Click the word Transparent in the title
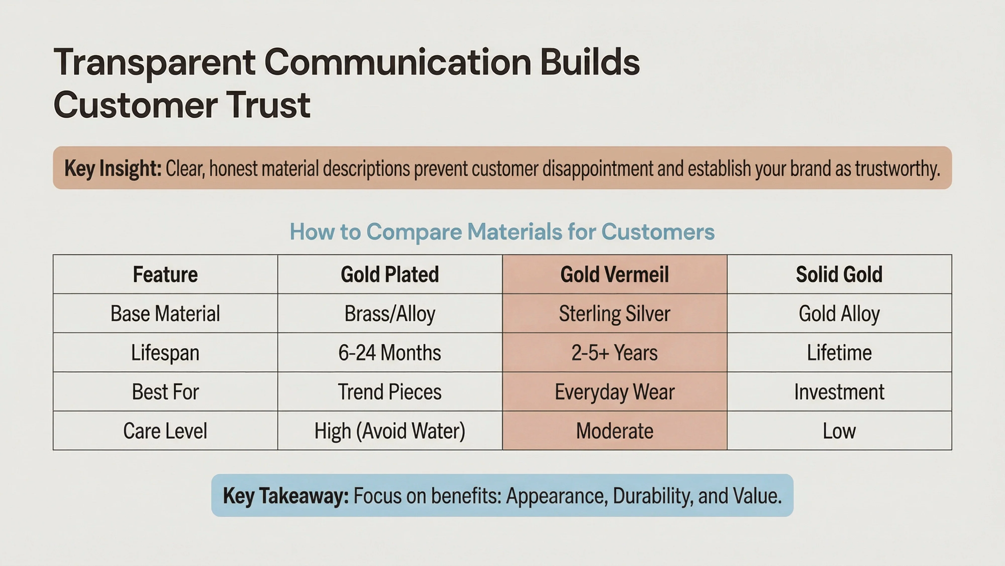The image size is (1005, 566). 154,62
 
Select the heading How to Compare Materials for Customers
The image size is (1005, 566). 502,232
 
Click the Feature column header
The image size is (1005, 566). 165,274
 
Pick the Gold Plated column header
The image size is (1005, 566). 390,274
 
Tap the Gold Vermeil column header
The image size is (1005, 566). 615,274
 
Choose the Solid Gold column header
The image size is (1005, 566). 839,274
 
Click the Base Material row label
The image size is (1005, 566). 165,313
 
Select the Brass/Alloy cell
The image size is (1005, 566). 390,313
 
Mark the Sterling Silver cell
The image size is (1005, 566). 615,313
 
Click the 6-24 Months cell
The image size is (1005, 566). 390,352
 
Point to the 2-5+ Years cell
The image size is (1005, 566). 615,352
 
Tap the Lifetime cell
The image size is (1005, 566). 839,352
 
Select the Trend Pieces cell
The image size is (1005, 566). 390,391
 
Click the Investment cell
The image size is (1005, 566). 839,391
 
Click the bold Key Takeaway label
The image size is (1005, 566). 286,496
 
